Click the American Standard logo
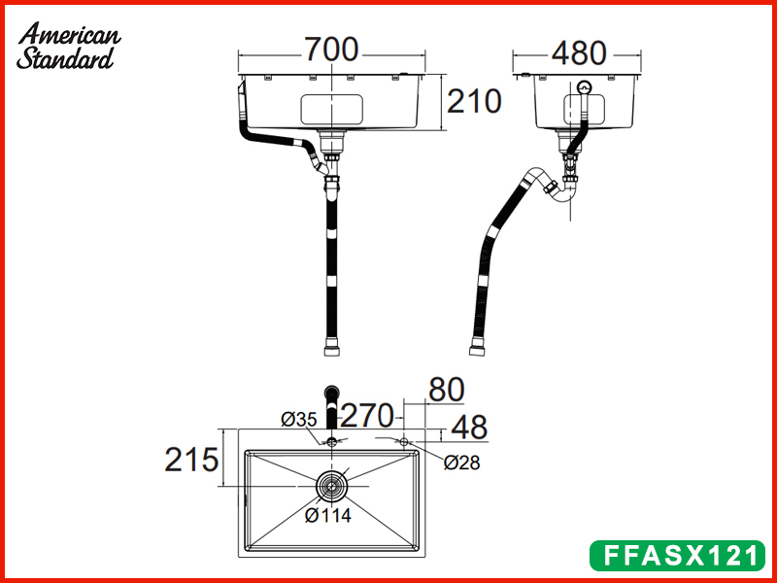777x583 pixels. click(68, 47)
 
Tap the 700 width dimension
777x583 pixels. click(331, 50)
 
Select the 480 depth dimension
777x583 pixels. click(579, 52)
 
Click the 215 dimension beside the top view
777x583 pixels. click(190, 459)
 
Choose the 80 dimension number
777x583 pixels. click(446, 390)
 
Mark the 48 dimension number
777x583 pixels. click(468, 427)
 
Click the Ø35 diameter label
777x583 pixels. click(299, 420)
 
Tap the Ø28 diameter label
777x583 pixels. click(462, 463)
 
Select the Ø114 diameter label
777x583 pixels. click(327, 516)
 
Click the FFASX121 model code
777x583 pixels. click(677, 556)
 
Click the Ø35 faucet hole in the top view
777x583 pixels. click(332, 442)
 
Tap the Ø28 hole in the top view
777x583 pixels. click(405, 442)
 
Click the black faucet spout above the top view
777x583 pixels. click(333, 403)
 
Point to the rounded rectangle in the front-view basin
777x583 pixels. click(332, 108)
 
